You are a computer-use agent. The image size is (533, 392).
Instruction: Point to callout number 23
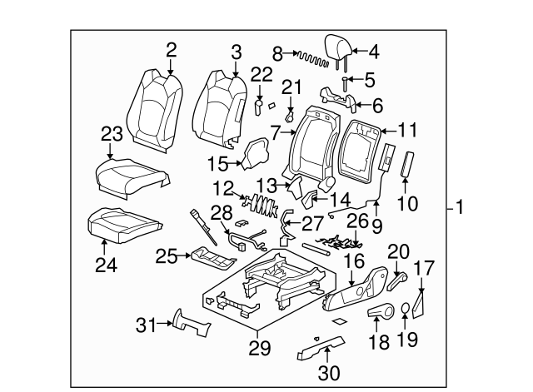tap(112, 133)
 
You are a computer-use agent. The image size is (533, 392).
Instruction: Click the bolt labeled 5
tap(345, 84)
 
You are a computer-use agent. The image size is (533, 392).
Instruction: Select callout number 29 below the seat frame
tap(261, 349)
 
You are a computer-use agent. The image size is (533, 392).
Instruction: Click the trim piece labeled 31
tap(188, 324)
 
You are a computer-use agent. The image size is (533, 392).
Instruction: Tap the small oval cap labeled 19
tap(406, 309)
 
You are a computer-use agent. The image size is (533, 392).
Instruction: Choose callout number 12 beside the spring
tap(223, 190)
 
